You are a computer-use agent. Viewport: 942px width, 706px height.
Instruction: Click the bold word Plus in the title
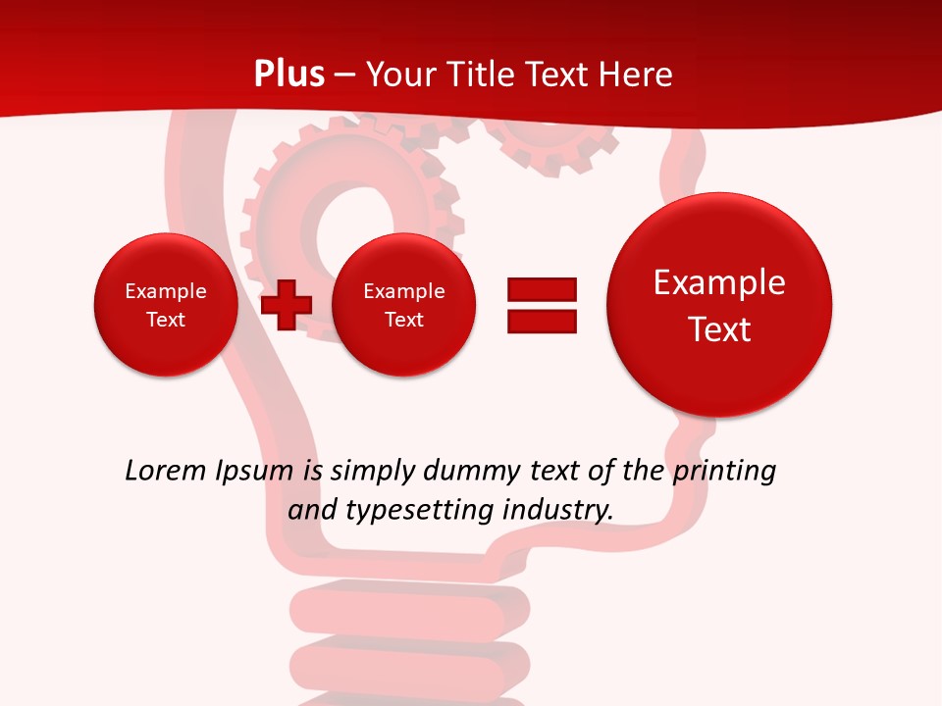click(x=289, y=74)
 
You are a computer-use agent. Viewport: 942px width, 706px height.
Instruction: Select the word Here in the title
click(x=638, y=74)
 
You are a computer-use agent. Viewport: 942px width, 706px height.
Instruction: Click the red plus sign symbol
click(x=287, y=304)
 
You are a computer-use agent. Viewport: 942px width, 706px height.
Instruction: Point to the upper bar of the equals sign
click(x=542, y=289)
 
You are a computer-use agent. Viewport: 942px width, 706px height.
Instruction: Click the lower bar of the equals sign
click(x=542, y=321)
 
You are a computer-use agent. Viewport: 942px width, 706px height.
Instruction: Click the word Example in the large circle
click(x=719, y=282)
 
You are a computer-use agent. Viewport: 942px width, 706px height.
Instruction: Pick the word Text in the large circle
click(x=719, y=329)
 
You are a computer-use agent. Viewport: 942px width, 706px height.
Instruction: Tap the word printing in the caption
click(x=723, y=472)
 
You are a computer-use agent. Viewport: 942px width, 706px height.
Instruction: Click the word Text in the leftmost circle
click(x=166, y=320)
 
